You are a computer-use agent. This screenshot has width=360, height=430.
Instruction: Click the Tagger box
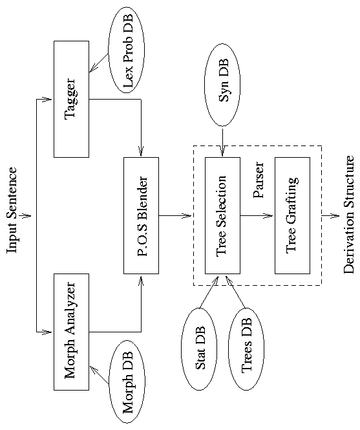pyautogui.click(x=71, y=98)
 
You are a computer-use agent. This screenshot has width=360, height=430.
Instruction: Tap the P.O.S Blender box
pyautogui.click(x=141, y=206)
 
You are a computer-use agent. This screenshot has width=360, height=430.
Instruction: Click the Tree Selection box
pyautogui.click(x=222, y=206)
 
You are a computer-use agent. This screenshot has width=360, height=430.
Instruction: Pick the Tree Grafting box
pyautogui.click(x=292, y=206)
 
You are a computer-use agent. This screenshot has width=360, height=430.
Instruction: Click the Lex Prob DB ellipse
pyautogui.click(x=127, y=50)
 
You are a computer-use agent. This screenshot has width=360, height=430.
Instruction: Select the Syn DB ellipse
pyautogui.click(x=222, y=85)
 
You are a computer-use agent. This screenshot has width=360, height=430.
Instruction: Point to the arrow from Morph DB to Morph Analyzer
pyautogui.click(x=99, y=376)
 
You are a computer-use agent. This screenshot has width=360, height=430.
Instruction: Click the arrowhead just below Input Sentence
pyautogui.click(x=26, y=215)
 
